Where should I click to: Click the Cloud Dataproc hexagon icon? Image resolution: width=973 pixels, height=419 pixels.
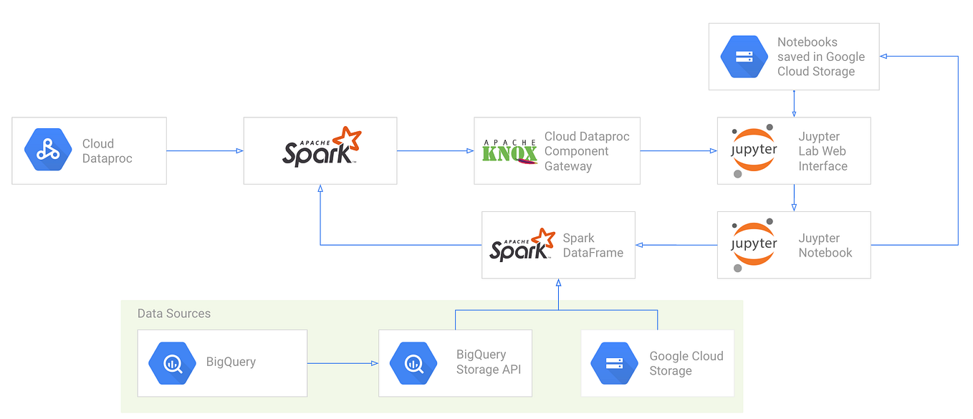48,151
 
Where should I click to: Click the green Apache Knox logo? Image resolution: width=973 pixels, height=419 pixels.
509,151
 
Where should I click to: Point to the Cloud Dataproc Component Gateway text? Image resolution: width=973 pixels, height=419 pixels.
586,151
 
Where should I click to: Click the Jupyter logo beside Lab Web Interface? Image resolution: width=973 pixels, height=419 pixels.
753,151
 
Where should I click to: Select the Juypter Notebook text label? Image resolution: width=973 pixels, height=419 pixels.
825,246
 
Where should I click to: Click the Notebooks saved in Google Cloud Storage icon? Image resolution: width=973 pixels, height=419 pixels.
744,57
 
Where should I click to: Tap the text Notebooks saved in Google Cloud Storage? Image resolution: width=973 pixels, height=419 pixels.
820,57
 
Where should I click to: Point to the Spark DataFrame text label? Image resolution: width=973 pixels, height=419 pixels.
593,246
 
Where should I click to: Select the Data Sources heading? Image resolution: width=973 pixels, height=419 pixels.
174,314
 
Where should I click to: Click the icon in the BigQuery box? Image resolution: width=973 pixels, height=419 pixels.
172,363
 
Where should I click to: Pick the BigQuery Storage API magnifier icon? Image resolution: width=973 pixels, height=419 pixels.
413,363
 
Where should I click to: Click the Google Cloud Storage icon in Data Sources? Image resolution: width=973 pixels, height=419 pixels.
614,363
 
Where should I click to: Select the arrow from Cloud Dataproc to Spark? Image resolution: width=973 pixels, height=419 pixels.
205,150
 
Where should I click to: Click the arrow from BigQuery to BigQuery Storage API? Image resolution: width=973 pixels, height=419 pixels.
342,363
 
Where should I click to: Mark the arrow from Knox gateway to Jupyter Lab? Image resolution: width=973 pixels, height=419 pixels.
678,150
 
